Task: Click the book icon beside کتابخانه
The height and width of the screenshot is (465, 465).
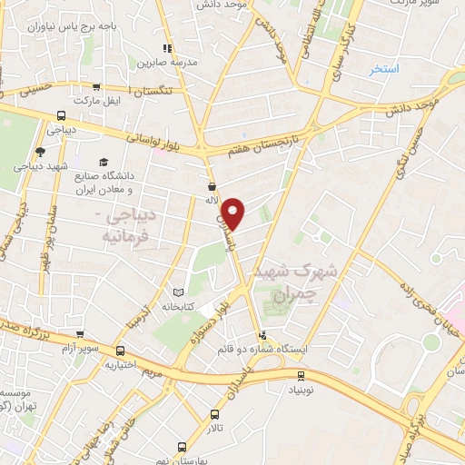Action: [178, 292]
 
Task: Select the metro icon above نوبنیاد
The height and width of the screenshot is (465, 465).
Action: [302, 375]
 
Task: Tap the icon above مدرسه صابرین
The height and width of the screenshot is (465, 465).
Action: [166, 49]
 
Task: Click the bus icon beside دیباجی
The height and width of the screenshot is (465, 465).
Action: [61, 115]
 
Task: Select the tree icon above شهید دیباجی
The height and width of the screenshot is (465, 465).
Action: [39, 152]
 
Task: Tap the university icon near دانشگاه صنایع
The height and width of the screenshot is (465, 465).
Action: [102, 161]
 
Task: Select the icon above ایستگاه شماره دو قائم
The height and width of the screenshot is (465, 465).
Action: [263, 334]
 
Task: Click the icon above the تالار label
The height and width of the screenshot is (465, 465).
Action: [214, 414]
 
